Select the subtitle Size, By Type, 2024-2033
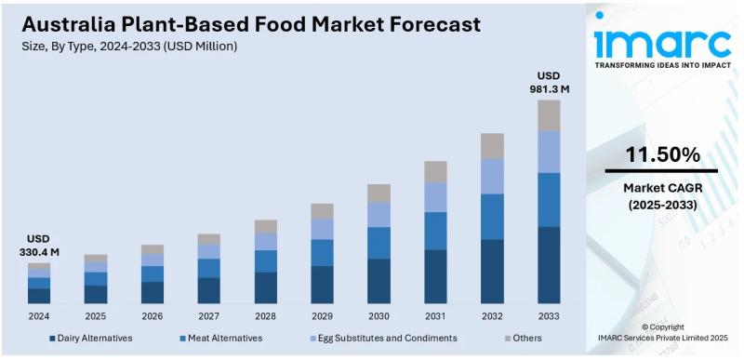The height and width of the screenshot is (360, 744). pos(130,47)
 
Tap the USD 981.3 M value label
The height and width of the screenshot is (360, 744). pos(549,82)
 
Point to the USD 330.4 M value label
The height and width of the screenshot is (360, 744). pos(39,246)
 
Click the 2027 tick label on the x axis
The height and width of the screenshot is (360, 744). pos(208,316)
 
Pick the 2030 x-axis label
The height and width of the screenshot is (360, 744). pos(379,316)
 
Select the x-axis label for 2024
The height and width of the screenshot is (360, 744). pos(39,316)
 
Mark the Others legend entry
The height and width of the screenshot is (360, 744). pos(525,338)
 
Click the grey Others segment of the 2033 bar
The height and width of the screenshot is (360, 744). pos(549,115)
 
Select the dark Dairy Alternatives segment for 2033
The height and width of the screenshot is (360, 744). pos(549,265)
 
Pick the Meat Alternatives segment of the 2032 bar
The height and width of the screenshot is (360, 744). pos(492,217)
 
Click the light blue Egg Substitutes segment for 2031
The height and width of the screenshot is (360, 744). pos(435,196)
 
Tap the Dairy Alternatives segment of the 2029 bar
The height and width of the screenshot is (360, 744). pos(322,285)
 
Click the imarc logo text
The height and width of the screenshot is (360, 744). pos(661,42)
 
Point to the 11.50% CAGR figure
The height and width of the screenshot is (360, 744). pos(662,155)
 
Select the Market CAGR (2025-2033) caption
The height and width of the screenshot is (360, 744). pos(661,196)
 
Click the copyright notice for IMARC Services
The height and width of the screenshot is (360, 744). pos(662,333)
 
